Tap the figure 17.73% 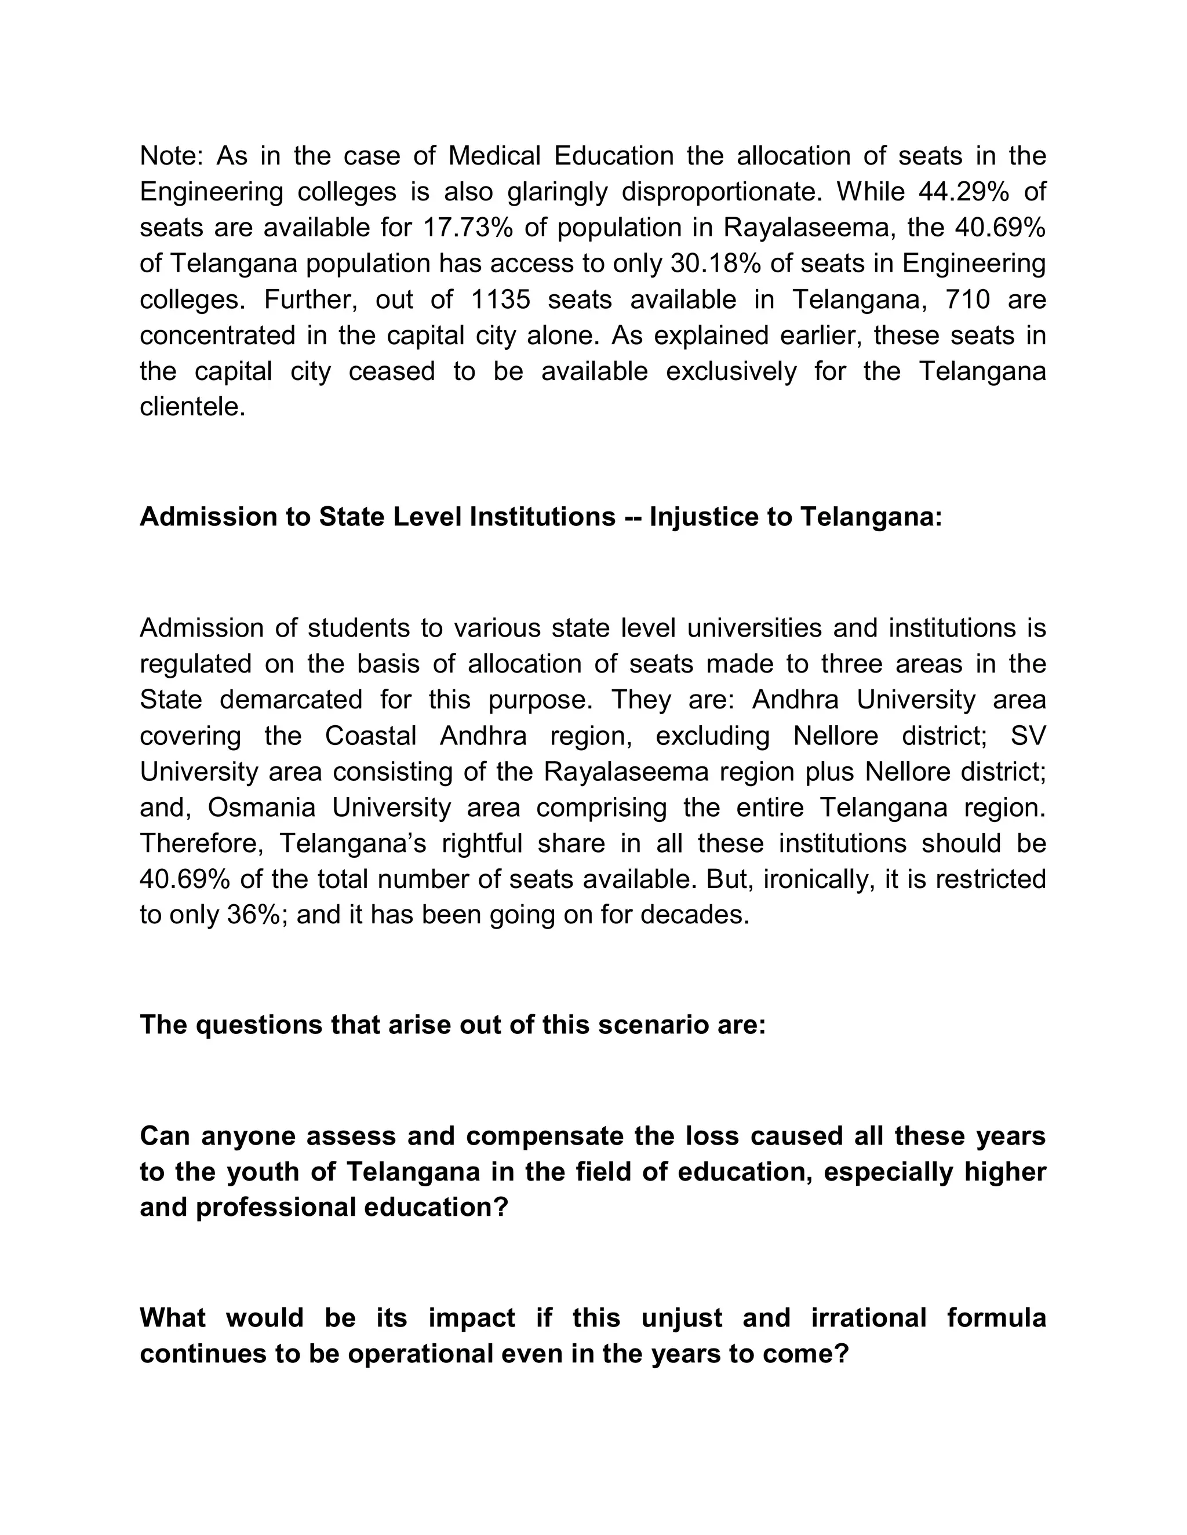pos(468,227)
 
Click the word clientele pos(192,406)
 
